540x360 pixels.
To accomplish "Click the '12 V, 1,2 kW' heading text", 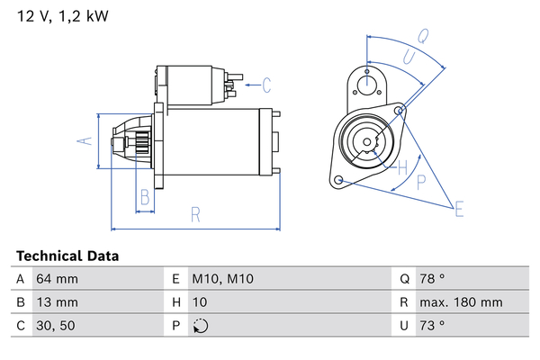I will click(x=57, y=16).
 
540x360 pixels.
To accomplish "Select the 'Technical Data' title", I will click(x=67, y=256).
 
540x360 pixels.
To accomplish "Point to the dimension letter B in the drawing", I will click(x=144, y=198).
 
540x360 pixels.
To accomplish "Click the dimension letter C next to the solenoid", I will click(x=266, y=86).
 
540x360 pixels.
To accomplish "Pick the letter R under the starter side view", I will click(x=194, y=214).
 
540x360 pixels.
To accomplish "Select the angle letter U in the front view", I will click(x=408, y=57).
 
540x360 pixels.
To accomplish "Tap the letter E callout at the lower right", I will click(x=459, y=211).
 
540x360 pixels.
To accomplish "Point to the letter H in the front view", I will click(x=402, y=166).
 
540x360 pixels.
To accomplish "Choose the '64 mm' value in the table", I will click(x=57, y=279).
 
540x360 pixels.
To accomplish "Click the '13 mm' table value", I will click(x=57, y=302).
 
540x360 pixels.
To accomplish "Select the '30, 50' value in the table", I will click(x=55, y=326).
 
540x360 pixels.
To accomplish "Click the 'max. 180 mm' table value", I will click(x=463, y=302).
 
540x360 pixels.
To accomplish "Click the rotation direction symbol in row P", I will click(x=200, y=326).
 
